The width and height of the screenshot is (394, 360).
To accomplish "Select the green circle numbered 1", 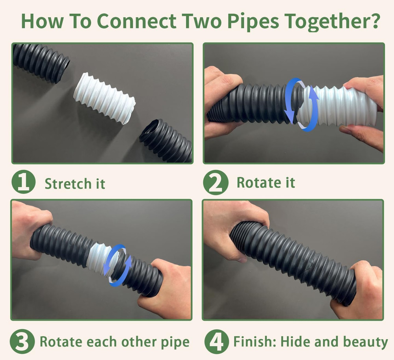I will [24, 184].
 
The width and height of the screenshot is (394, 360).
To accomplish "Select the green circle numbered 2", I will [216, 184].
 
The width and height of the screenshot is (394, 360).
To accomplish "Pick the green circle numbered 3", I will [22, 341].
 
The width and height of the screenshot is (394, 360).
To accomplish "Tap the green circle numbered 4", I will [216, 341].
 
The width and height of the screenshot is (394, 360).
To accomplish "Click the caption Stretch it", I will [75, 184].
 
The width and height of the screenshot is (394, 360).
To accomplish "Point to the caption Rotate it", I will [266, 183].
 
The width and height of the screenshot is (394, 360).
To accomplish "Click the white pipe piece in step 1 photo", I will [104, 98].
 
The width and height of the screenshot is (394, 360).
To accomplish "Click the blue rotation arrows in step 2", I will [302, 104].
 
